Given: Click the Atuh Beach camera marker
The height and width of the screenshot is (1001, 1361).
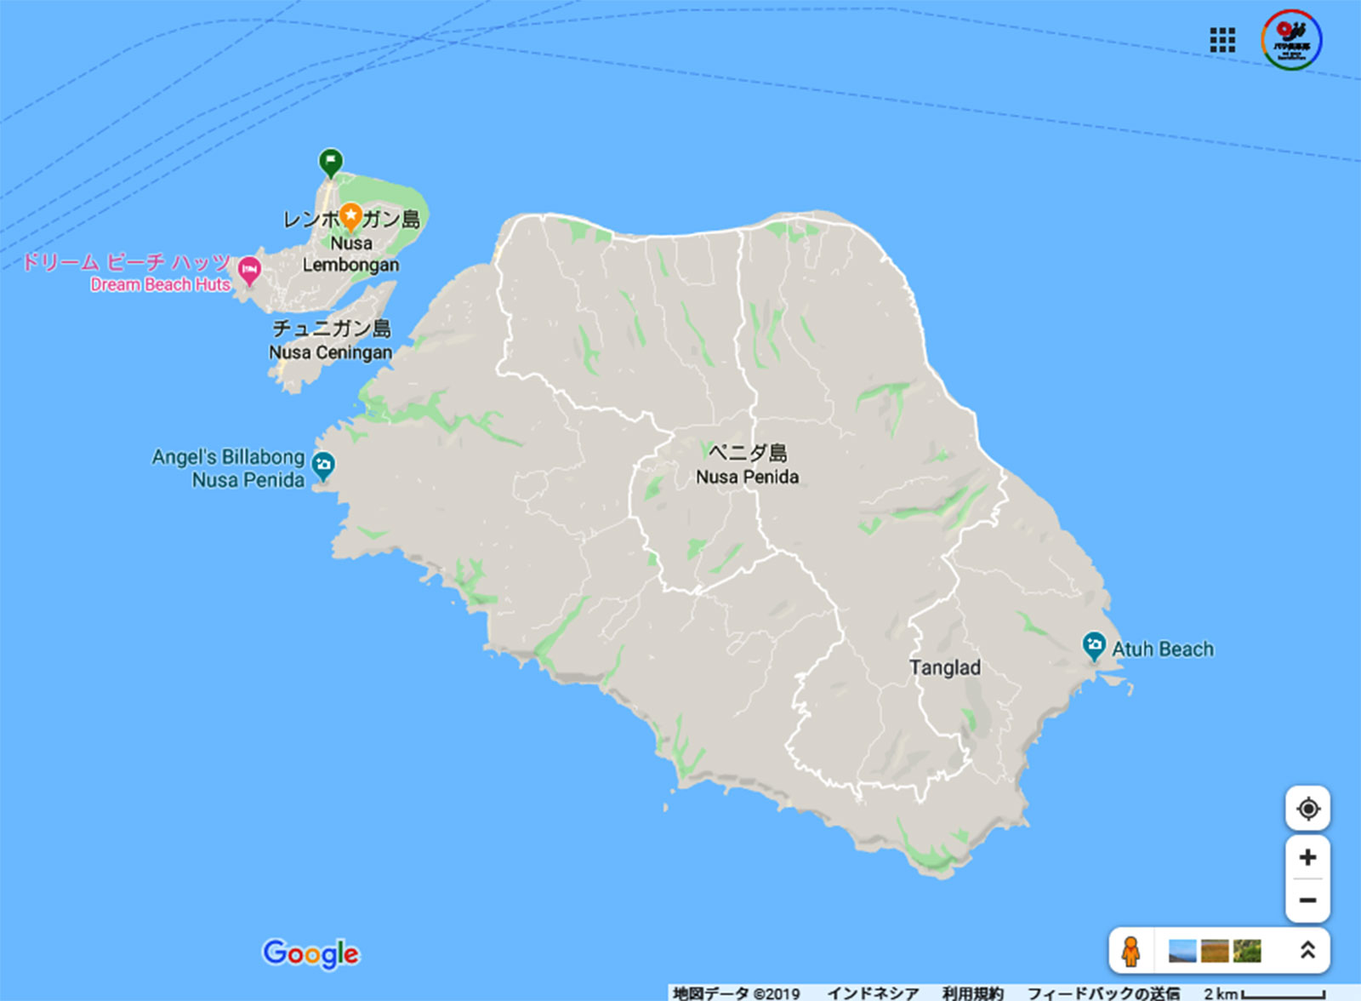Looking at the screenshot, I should click(x=1094, y=644).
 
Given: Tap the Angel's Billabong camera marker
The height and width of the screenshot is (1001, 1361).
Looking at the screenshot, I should click(x=322, y=465).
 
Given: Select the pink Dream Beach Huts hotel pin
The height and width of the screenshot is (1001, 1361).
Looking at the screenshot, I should click(x=248, y=270).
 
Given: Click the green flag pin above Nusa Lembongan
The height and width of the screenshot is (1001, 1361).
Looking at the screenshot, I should click(x=331, y=160).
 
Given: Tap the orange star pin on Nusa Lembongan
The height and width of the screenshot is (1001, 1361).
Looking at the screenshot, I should click(x=350, y=216).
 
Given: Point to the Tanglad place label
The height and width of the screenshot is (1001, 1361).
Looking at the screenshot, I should click(x=944, y=668).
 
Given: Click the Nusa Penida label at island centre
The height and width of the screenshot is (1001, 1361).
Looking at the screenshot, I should click(x=747, y=478).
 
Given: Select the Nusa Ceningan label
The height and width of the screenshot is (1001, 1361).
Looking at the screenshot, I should click(x=331, y=352).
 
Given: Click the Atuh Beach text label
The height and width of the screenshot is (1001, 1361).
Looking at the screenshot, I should click(x=1163, y=649).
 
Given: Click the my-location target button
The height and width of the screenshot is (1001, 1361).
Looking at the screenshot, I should click(x=1307, y=808).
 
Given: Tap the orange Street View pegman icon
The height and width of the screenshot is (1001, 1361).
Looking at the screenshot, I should click(x=1130, y=951).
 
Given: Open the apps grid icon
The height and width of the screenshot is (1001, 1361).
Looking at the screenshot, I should click(x=1222, y=40).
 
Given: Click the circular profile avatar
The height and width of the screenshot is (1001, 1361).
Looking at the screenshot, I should click(x=1291, y=40).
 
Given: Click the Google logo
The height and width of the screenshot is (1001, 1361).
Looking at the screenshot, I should click(x=311, y=953).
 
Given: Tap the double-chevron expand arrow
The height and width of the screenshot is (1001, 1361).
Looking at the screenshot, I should click(x=1307, y=950).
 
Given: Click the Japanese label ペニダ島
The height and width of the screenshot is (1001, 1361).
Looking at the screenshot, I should click(x=748, y=453).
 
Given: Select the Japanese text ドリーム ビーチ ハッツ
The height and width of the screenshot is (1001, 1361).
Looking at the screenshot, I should click(x=126, y=261).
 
